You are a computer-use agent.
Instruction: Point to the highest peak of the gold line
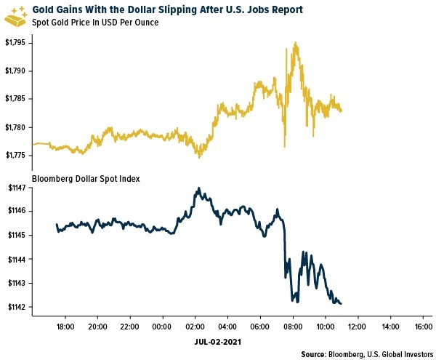(295, 43)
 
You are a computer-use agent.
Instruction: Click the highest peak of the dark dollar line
(198, 188)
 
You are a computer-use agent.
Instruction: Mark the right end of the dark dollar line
(342, 303)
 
